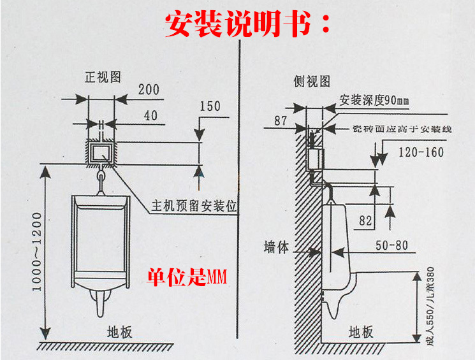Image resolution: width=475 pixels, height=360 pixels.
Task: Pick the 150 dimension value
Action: coord(210,106)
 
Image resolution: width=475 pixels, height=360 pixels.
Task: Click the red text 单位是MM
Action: coord(188,277)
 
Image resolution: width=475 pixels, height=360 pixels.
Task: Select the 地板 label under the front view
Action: coord(119,332)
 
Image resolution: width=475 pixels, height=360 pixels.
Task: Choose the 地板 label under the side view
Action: coord(361,332)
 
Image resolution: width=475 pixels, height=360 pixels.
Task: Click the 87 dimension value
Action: coord(281,120)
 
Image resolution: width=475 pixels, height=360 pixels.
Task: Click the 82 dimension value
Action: coord(365,221)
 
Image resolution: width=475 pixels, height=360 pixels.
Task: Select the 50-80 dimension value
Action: coord(390,245)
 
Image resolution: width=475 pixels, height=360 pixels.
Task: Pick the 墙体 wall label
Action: coord(276,248)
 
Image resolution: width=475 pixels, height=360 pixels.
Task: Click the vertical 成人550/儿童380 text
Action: coord(428,306)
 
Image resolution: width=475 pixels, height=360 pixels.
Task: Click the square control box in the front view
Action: coord(101,152)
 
